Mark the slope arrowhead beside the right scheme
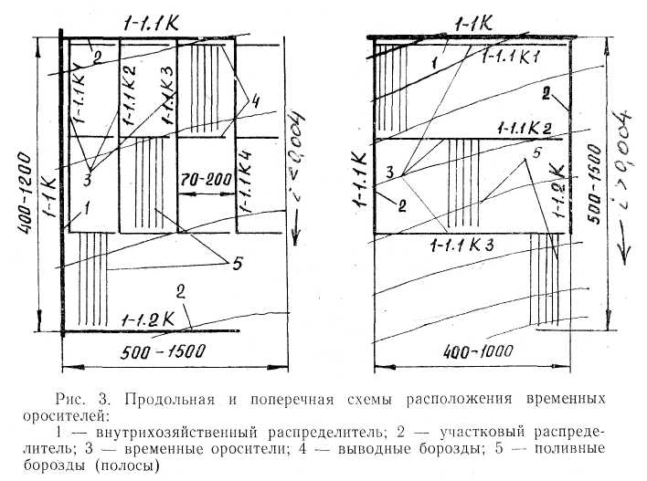(621, 253)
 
